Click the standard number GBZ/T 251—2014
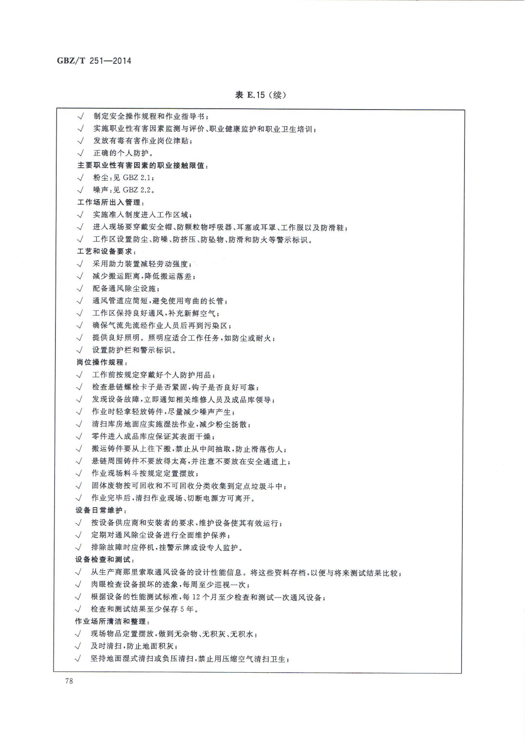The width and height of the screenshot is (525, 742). tap(94, 61)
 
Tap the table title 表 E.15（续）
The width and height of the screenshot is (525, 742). tap(261, 95)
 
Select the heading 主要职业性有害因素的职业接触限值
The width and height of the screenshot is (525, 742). tap(142, 165)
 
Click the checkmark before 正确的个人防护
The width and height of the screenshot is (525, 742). tap(80, 153)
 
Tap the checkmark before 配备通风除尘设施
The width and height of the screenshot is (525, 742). tap(80, 289)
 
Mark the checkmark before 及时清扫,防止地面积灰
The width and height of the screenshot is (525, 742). tap(78, 646)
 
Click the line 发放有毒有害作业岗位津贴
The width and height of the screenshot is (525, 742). tap(143, 141)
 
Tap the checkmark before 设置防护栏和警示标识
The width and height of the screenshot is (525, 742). tap(80, 350)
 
